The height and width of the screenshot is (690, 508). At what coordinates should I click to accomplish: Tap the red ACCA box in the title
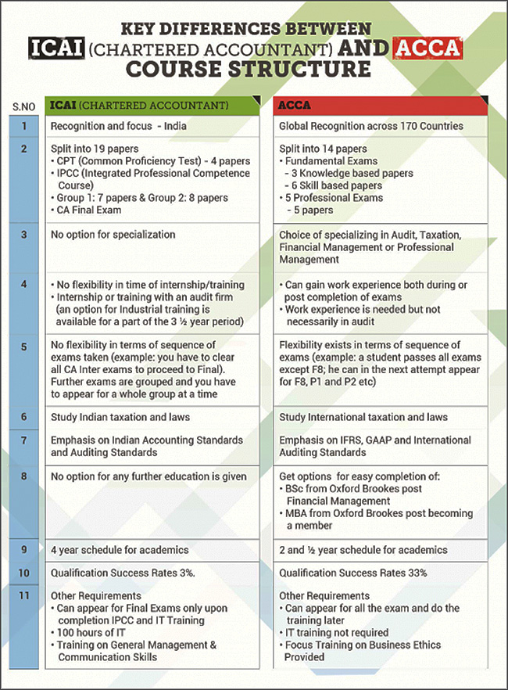[x=427, y=48]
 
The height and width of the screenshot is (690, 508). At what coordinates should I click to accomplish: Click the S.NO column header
[x=23, y=106]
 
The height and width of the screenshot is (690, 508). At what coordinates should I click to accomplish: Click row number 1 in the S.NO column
[x=24, y=126]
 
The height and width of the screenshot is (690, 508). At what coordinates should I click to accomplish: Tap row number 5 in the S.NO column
[x=24, y=345]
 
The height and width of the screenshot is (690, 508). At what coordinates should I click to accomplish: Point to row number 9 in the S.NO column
[x=24, y=550]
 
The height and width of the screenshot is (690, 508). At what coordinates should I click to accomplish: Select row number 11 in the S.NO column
[x=24, y=595]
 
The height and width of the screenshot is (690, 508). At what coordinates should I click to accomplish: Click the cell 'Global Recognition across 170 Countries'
[x=371, y=126]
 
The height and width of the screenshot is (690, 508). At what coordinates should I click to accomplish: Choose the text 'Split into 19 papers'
[x=95, y=148]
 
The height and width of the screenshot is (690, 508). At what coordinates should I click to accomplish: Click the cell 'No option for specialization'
[x=113, y=234]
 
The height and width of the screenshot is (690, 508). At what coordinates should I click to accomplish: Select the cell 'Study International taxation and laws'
[x=363, y=417]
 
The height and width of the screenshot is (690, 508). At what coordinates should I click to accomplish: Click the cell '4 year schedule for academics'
[x=120, y=550]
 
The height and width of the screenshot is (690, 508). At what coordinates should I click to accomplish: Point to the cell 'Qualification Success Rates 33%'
[x=353, y=573]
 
